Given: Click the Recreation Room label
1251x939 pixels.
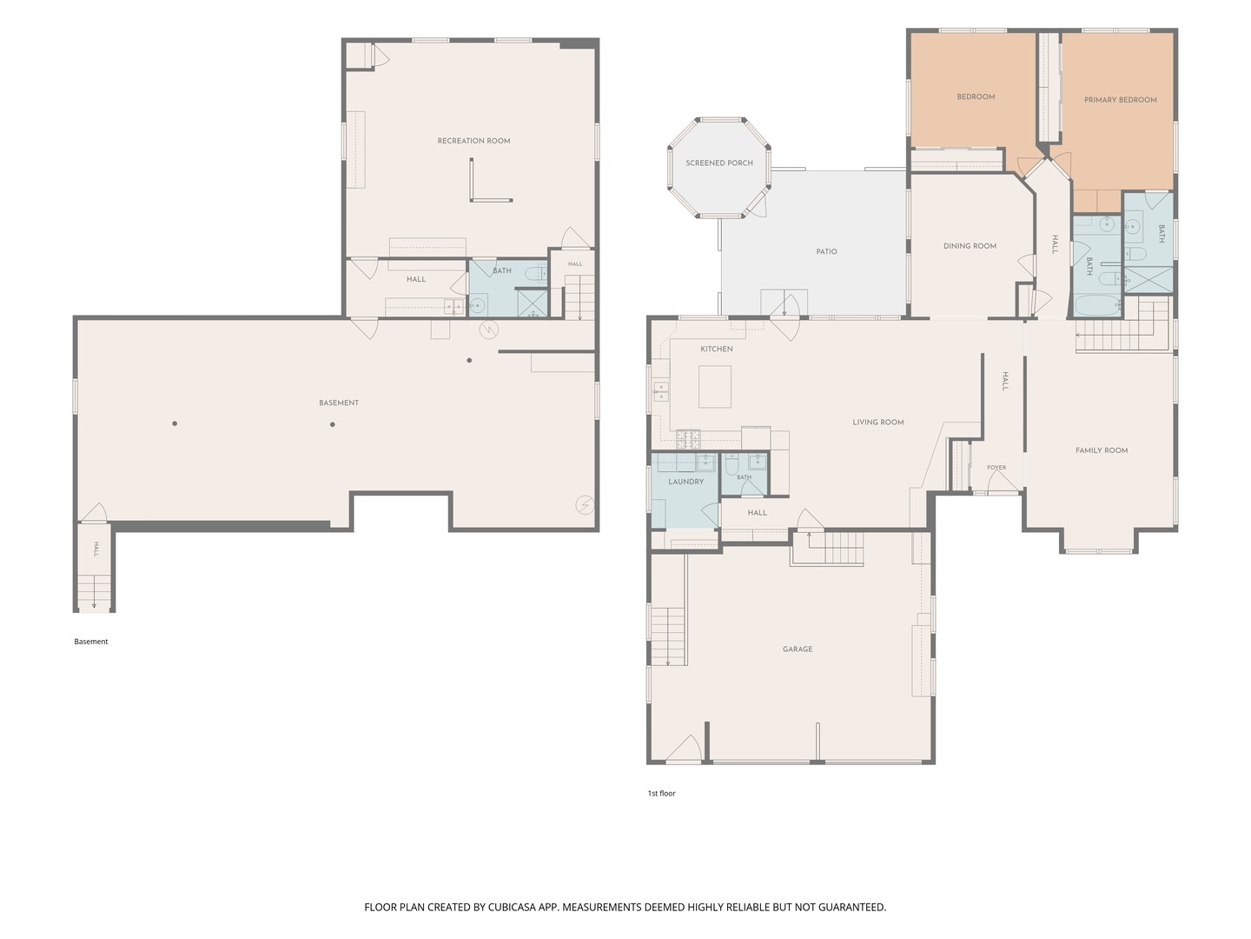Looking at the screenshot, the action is click(x=473, y=141).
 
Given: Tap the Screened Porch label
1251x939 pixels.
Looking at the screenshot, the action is click(x=718, y=163).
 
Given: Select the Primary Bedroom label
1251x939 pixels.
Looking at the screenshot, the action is click(x=1120, y=100).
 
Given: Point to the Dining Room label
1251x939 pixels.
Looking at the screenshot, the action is click(x=970, y=246).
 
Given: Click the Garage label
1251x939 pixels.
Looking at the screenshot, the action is click(x=798, y=649).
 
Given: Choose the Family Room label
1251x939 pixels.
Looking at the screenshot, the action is click(x=1101, y=450).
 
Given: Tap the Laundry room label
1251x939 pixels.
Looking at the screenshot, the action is click(x=685, y=482).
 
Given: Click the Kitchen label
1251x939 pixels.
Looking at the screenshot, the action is click(x=717, y=349).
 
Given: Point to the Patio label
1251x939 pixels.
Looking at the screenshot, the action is click(x=826, y=251).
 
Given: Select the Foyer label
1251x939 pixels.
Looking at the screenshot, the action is click(x=996, y=468).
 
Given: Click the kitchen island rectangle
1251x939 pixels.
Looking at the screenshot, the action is click(x=715, y=387).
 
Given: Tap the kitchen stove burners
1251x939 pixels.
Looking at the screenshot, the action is click(x=688, y=439).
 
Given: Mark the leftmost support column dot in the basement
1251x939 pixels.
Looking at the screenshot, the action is click(x=175, y=423).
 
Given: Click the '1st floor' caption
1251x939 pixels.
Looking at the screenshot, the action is click(x=661, y=793).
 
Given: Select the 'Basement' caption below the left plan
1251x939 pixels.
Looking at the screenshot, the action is click(x=90, y=642).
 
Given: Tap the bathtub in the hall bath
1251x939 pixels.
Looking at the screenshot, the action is click(x=1097, y=305).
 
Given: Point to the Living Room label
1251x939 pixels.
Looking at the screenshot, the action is click(x=877, y=423).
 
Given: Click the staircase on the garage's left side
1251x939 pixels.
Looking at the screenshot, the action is click(x=668, y=636).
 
